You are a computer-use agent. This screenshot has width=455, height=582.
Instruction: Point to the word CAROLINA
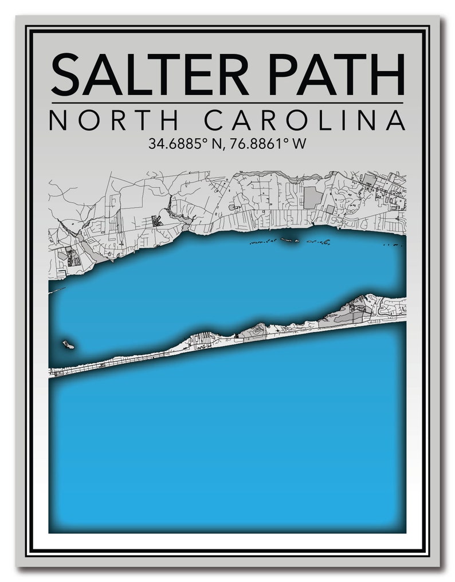pos(305,120)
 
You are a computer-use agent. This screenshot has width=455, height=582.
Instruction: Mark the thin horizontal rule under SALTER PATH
pos(227,103)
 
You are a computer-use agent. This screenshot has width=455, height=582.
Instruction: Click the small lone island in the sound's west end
pos(68,345)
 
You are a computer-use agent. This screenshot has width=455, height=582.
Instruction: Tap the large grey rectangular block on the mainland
pos(312,198)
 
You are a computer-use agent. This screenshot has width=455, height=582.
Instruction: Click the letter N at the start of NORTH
pos(59,120)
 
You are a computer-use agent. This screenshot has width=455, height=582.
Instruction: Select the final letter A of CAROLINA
pos(395,120)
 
